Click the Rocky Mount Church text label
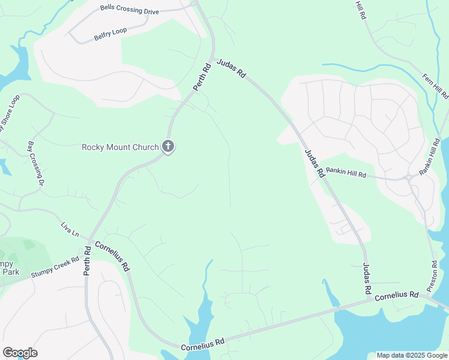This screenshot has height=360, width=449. tap(120, 147)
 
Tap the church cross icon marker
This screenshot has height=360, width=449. tap(169, 146)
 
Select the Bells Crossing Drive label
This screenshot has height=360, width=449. tap(130, 10)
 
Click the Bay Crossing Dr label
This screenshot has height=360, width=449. tap(35, 163)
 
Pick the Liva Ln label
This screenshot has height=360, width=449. tap(70, 230)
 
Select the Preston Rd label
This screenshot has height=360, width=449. tap(432, 275)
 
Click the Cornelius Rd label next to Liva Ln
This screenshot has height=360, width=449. tap(113, 256)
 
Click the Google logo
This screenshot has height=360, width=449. tap(20, 353)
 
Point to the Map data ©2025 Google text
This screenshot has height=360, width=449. tap(412, 355)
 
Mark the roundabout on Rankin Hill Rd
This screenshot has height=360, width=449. tap(409, 178)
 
